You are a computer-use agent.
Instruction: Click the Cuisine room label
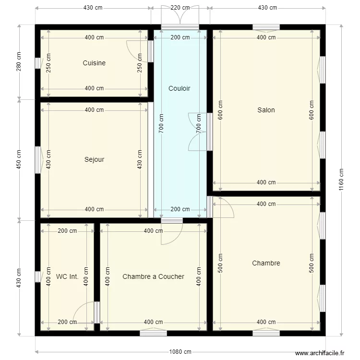point(94,63)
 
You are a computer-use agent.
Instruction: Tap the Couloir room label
point(180,88)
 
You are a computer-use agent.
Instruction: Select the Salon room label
point(266,110)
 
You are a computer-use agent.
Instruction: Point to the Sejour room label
point(94,159)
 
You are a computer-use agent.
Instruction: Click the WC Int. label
point(67,276)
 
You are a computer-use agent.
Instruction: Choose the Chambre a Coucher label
point(153,276)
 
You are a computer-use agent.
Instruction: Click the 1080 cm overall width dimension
point(180,351)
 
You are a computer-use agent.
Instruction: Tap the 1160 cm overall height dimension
point(341,180)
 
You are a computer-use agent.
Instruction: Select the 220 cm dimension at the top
point(180,8)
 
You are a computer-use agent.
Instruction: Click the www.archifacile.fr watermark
point(320,353)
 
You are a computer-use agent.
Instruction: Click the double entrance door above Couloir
point(180,17)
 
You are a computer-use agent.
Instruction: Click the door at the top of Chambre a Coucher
point(172,232)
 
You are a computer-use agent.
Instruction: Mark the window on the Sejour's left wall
point(38,159)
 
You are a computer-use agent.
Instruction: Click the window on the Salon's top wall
point(266,27)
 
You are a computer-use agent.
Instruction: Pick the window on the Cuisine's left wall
point(38,63)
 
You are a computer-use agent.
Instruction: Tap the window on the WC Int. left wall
point(38,276)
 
